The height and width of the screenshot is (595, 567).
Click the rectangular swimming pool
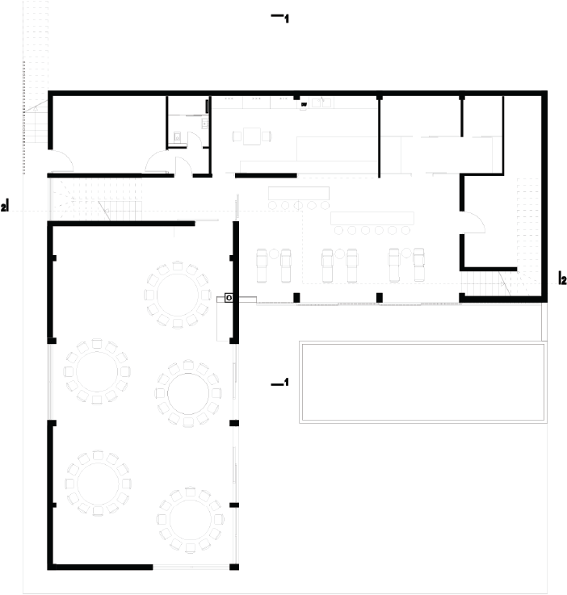pos(422,382)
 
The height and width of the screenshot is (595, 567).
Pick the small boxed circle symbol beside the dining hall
pos(229,298)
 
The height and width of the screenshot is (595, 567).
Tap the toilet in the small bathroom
pos(177,137)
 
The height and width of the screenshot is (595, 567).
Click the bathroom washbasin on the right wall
pos(204,123)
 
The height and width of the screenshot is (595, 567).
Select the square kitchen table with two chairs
pos(252,136)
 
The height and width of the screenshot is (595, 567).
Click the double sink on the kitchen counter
pos(321,102)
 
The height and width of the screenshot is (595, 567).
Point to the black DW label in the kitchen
pos(304,104)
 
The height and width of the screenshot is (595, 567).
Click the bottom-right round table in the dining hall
pos(190,520)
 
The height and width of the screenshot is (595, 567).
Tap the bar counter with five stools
pos(299,198)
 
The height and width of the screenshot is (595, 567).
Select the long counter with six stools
pos(372,224)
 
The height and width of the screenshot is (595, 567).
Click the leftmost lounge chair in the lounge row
pos(262,266)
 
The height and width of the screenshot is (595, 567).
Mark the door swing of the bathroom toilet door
pos(195,139)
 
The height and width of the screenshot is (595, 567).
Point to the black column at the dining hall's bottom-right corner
pos(234,568)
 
